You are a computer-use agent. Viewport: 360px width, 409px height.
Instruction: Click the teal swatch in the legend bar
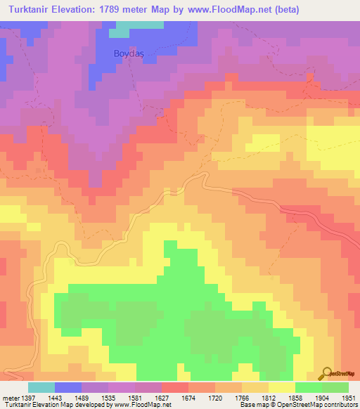(x=41, y=387)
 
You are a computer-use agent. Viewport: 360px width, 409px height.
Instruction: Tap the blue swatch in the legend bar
(x=68, y=387)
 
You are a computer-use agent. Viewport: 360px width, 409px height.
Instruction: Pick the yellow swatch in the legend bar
(x=282, y=387)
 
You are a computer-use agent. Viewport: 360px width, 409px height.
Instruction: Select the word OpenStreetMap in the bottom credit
(x=296, y=405)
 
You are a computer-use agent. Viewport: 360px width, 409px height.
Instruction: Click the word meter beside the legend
(x=8, y=398)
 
